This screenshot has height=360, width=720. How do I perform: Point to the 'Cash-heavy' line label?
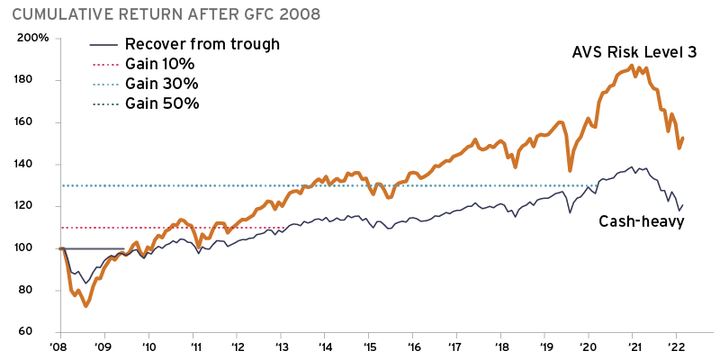pos(642,221)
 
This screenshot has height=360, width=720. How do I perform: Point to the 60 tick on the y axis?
pos(39,332)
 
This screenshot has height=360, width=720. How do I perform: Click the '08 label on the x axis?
pos(59,346)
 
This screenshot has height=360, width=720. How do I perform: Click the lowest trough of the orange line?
pos(85,306)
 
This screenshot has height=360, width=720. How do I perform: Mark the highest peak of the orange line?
pos(633,65)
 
